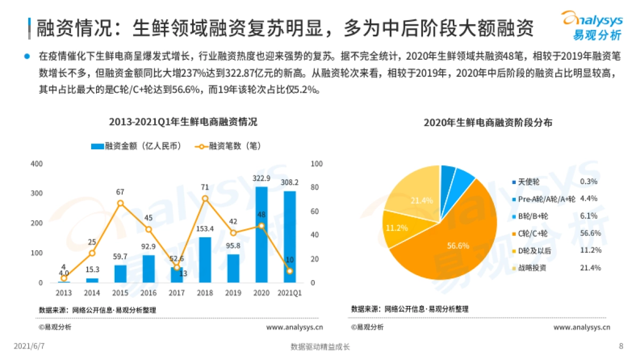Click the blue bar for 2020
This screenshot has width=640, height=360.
tap(261, 235)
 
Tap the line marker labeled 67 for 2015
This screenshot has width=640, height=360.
tap(121, 203)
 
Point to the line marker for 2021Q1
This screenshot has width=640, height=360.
tap(290, 271)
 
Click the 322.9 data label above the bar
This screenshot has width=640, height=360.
tap(261, 178)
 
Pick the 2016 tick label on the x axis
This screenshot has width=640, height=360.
tap(148, 293)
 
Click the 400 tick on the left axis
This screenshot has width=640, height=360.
tap(37, 164)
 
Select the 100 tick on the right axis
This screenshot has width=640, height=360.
tap(316, 164)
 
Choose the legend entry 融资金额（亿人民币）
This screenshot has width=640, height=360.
tap(137, 146)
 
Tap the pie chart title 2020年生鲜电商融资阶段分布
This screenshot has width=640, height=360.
tap(487, 123)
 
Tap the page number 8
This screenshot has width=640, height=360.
tap(621, 346)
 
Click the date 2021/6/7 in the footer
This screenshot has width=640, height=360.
tap(29, 347)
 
